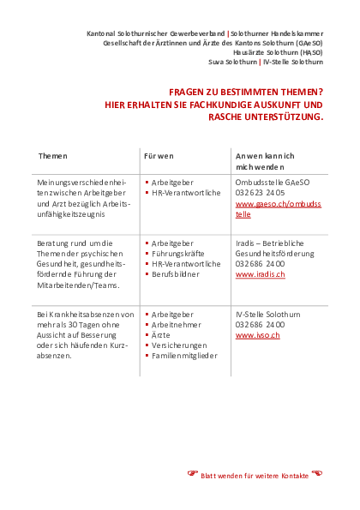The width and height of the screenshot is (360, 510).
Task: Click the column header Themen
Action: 52,156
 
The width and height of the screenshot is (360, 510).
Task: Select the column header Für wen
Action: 159,156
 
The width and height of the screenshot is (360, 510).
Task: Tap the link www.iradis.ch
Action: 259,274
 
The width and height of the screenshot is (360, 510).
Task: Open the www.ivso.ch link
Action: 255,336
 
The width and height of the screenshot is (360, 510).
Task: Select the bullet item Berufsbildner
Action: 182,274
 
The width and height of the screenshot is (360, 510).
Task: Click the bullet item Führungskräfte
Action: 182,254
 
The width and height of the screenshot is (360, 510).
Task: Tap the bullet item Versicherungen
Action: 183,345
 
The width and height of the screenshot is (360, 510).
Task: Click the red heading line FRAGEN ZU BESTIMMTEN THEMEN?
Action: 245,93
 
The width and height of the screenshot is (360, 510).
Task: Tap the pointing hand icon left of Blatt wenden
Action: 193,473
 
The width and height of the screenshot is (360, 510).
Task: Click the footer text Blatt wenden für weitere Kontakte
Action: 255,474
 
